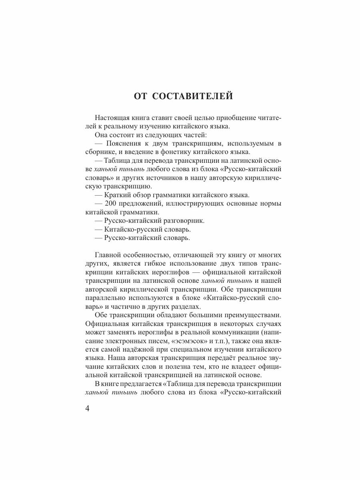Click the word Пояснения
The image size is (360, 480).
[122, 143]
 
